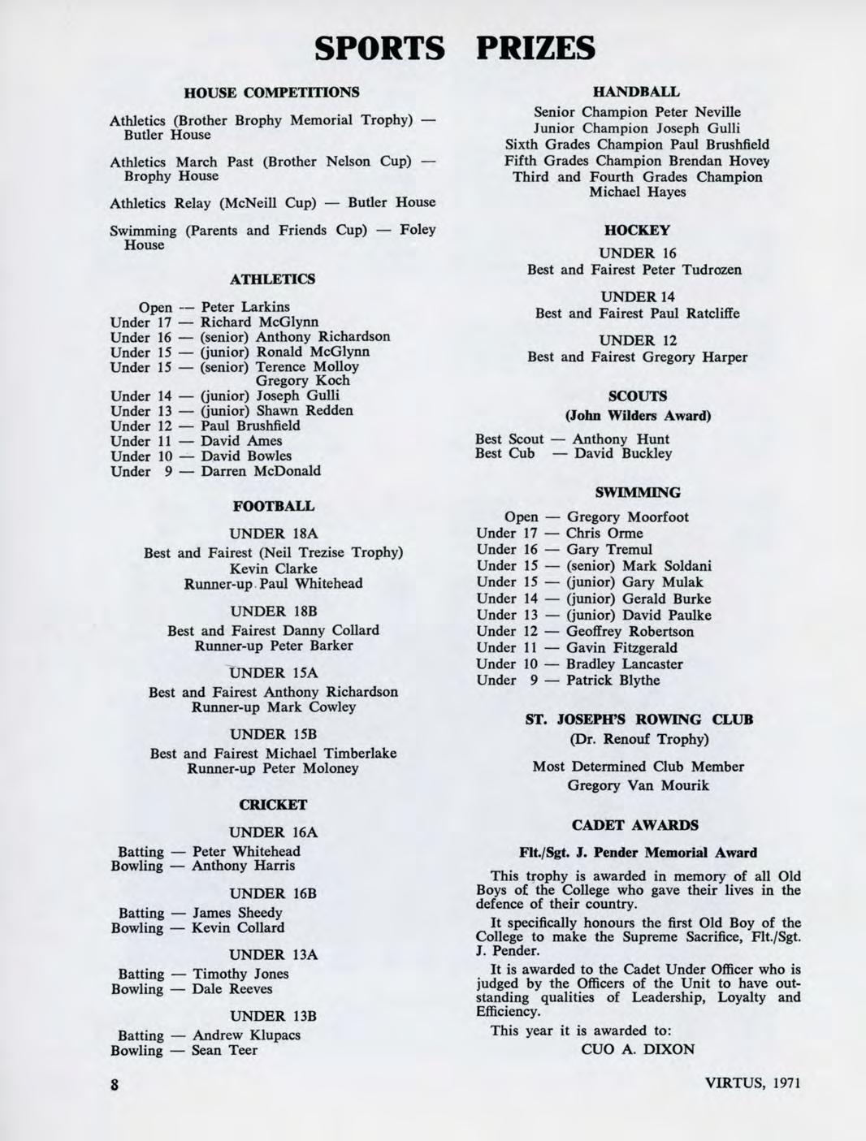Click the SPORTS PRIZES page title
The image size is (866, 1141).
tap(455, 48)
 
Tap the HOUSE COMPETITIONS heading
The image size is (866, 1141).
tap(272, 93)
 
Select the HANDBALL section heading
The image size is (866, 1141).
tap(637, 93)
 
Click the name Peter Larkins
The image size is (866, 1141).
tap(245, 307)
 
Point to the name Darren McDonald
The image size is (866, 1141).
tap(261, 471)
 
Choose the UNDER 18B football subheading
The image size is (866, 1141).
tap(273, 612)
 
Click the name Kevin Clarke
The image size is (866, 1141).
tap(274, 568)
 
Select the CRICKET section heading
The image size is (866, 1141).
tap(273, 805)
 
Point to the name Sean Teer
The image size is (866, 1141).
tap(224, 1050)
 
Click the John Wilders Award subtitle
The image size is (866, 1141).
tap(638, 416)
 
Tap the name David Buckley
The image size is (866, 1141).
tap(623, 453)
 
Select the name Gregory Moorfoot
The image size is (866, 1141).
tap(627, 517)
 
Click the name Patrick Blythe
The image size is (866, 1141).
tap(613, 681)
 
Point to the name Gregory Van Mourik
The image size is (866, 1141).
tap(638, 785)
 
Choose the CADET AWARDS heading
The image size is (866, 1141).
tap(634, 825)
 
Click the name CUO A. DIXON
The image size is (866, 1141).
tap(638, 1049)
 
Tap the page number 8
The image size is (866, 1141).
tap(115, 1085)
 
